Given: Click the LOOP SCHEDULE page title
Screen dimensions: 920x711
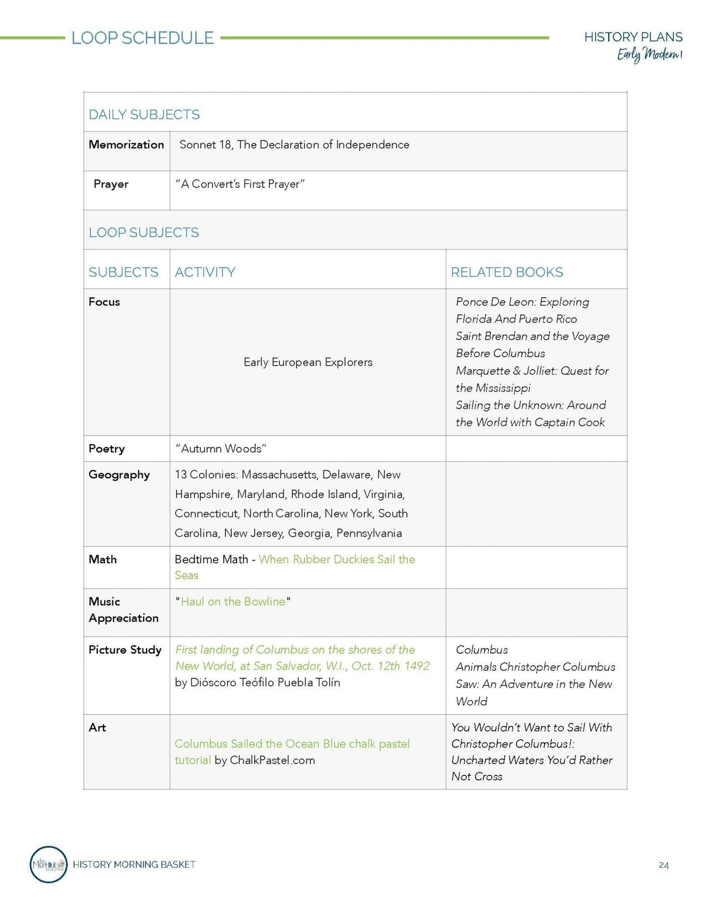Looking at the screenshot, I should tap(143, 38).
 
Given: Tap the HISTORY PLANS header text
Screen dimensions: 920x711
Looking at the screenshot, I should tap(633, 37).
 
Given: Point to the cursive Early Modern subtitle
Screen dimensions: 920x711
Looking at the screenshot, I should tap(649, 55).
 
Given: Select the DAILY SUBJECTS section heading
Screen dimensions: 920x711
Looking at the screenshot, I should tap(144, 115).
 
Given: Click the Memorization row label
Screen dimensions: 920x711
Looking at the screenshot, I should tap(126, 145).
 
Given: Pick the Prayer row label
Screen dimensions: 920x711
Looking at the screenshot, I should tap(111, 184).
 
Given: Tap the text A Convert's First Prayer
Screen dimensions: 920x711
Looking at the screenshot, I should tap(240, 184).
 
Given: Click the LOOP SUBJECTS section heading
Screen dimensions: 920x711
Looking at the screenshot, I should tap(144, 232).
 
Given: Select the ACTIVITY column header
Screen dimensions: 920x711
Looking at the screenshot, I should tap(205, 272).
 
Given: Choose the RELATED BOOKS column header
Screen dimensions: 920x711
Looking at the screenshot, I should tap(507, 272).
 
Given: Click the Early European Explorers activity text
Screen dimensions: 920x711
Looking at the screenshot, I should tap(308, 362).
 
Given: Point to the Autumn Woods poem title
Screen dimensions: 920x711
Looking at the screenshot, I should tap(221, 449).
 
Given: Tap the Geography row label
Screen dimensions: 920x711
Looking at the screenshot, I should tap(119, 475).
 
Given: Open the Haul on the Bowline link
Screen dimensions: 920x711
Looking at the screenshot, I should tap(233, 602).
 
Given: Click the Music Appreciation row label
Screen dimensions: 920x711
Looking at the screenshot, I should tap(124, 610).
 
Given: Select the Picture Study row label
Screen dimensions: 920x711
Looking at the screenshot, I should tap(125, 650).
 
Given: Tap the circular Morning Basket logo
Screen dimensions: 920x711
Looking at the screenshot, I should tap(48, 864).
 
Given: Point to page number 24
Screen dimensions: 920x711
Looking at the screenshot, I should tap(664, 865).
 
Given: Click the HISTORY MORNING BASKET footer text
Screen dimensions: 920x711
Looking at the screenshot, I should tap(134, 864).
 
